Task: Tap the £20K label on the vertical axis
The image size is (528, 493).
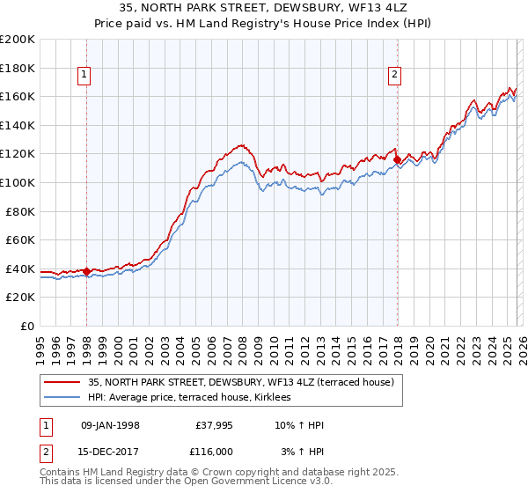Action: point(20,298)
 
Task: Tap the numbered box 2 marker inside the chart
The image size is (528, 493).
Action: point(395,76)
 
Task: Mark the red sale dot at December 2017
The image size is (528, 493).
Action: point(397,160)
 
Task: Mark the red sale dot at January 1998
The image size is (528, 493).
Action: point(87,271)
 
